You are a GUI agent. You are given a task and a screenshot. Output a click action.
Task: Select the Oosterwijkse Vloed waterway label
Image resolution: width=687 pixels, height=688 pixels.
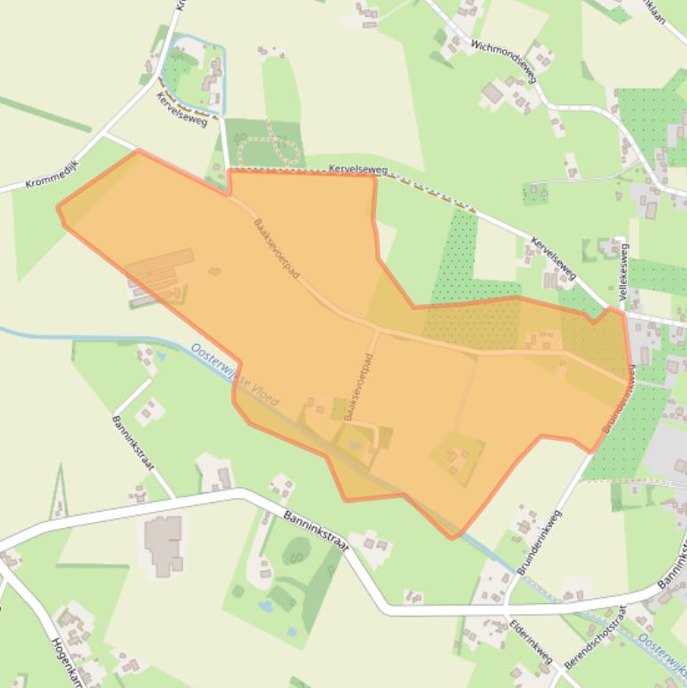235,374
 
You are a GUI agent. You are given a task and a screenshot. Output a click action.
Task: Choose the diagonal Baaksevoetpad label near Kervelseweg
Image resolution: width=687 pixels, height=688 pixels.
276,248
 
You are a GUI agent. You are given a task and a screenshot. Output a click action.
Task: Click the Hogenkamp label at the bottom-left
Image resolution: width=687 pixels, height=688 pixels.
68,662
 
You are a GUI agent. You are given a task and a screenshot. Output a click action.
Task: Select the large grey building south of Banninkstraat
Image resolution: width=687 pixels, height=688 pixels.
164,543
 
